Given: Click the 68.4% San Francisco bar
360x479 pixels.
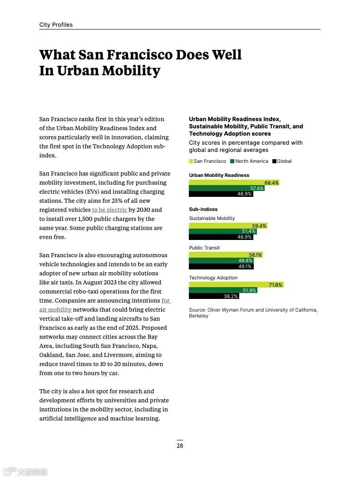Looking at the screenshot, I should pos(234,183).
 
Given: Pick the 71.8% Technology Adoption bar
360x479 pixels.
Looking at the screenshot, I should pos(236,285).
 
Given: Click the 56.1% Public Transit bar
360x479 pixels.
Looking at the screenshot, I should pos(226,255).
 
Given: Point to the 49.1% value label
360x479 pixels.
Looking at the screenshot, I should pos(245,267).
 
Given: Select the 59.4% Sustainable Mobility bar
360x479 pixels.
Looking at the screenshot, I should pos(228,226).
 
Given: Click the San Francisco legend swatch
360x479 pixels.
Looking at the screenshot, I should pos(191,161).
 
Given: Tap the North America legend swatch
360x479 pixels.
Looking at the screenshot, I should pos(232,161).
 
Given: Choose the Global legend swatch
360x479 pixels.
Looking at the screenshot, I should pos(274,161).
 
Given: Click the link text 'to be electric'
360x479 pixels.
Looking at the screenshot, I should pos(109,210).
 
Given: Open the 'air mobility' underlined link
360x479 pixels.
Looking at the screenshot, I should pos(55,310).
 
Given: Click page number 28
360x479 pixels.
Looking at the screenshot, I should pos(180,445).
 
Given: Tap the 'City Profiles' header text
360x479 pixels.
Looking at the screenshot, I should pos(56,25).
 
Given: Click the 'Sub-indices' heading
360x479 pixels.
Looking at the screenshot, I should pos(203,210).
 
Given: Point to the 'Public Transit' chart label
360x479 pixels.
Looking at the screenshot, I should pos(204,248).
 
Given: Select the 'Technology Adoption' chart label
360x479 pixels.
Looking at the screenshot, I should pos(213,278).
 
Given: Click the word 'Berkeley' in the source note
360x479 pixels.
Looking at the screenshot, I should pos(198,316).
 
